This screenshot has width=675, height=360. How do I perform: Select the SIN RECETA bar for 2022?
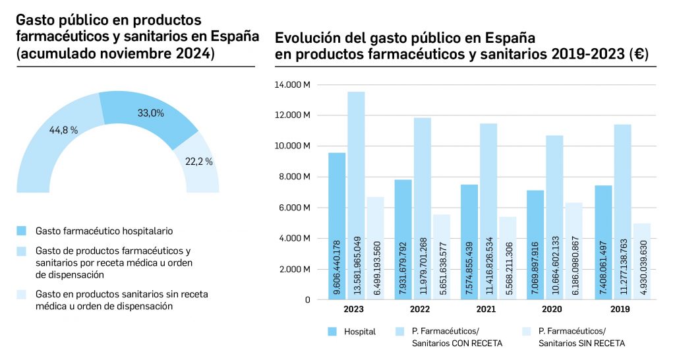pos(442,257)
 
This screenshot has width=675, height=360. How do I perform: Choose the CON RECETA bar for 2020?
pos(554,218)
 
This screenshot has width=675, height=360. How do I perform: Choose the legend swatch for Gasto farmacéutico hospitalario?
pos(22,231)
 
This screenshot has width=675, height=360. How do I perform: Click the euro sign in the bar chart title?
pos(636,55)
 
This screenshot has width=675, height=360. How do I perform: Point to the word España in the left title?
pos(234,36)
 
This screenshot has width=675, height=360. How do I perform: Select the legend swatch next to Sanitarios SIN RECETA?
pos(527,332)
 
